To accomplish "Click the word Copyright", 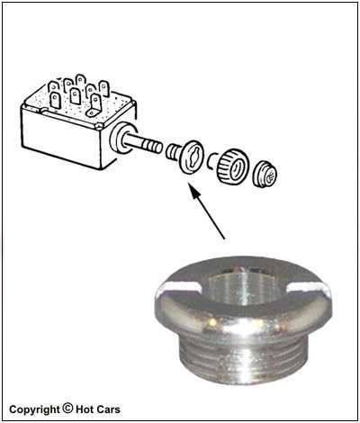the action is (x=34, y=409).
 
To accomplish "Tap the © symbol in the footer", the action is (x=67, y=409).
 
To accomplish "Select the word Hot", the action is (x=85, y=409).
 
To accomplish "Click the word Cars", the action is (x=108, y=409).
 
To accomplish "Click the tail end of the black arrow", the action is (x=224, y=239).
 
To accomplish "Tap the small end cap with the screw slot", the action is (x=265, y=175).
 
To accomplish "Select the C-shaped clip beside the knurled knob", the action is (x=211, y=162).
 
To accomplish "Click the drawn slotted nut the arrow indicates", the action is (x=192, y=157).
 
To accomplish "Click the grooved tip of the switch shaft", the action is (x=152, y=146).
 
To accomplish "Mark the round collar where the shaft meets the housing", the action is (x=121, y=138).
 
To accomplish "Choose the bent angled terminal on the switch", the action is (x=94, y=105).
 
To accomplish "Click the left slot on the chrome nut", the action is (x=179, y=288).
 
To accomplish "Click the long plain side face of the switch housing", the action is (x=61, y=137).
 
